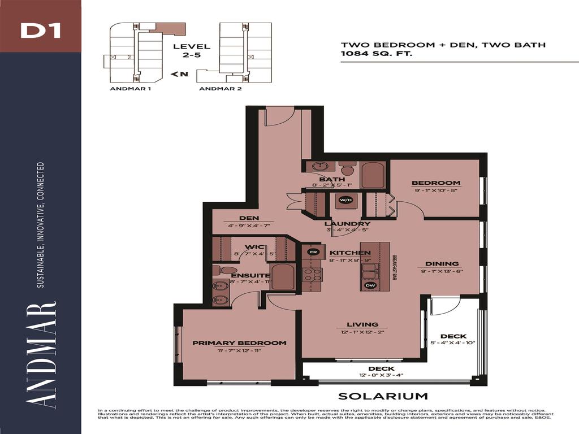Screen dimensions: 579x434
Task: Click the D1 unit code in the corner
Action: [40, 31]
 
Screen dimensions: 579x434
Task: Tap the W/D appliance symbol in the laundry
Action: [345, 199]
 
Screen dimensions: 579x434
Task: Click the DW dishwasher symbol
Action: [371, 285]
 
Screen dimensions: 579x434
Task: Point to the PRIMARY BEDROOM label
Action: [239, 342]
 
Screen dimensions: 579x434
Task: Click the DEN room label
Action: [249, 218]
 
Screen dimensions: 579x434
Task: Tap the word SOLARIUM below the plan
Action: [383, 396]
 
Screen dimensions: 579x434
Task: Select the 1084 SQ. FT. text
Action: [376, 54]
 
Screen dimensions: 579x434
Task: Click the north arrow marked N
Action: [179, 74]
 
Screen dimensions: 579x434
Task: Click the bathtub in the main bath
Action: [373, 175]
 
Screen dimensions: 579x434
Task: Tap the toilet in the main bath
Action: [347, 168]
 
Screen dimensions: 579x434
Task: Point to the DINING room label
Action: [442, 263]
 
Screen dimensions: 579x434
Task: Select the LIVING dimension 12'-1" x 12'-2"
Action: [362, 332]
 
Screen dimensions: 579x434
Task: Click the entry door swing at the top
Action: [279, 116]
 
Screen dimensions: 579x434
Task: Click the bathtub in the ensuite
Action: [282, 277]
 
